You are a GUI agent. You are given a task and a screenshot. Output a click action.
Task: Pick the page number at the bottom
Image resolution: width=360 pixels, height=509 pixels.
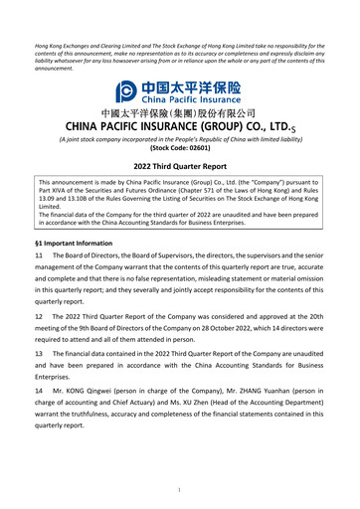tap(179, 490)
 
